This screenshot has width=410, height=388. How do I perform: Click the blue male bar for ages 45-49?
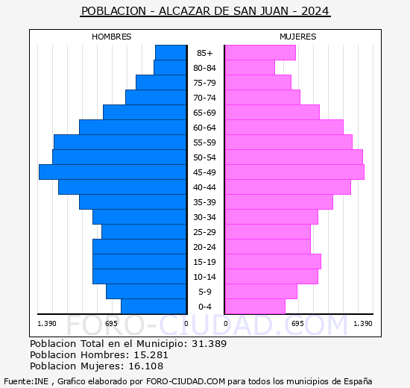click(x=112, y=172)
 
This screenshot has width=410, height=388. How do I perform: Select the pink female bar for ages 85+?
click(x=259, y=52)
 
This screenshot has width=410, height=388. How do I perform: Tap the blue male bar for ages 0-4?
click(x=153, y=306)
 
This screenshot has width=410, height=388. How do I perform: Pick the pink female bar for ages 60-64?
click(x=283, y=127)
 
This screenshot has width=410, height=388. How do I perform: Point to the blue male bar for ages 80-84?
click(x=169, y=67)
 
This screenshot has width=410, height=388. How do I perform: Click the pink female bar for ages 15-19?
click(x=272, y=261)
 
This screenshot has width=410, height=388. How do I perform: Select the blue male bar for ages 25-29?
click(x=143, y=231)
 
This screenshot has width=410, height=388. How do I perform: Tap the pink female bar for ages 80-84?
click(x=249, y=67)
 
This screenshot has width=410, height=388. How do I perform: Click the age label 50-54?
click(x=204, y=157)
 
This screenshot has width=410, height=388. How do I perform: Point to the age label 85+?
click(x=204, y=53)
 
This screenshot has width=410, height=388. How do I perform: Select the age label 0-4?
click(x=204, y=307)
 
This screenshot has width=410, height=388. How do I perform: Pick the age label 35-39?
click(x=204, y=202)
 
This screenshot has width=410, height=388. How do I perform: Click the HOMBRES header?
click(x=111, y=37)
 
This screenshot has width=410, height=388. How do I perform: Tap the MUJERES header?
click(x=297, y=37)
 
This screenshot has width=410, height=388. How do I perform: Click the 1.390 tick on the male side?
click(x=47, y=323)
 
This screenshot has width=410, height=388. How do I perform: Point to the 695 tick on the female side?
click(x=297, y=323)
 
